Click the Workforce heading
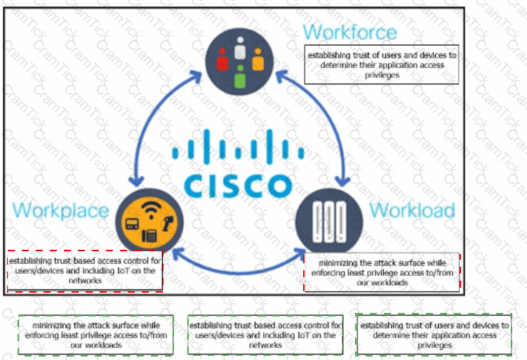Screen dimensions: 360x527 (x=349, y=32)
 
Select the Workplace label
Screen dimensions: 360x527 (x=61, y=210)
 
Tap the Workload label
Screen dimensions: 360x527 (x=412, y=210)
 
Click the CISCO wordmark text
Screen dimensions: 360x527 (x=238, y=185)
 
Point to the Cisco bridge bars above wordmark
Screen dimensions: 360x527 (x=238, y=151)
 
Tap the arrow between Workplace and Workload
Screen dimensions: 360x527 (x=239, y=267)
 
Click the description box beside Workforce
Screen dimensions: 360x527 (x=382, y=64)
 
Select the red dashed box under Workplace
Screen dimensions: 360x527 (x=85, y=270)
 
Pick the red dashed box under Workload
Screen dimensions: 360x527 (x=382, y=272)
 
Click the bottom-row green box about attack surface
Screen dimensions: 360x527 (x=95, y=335)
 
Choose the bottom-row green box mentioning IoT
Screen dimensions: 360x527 (x=265, y=335)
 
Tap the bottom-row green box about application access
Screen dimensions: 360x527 (x=433, y=335)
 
